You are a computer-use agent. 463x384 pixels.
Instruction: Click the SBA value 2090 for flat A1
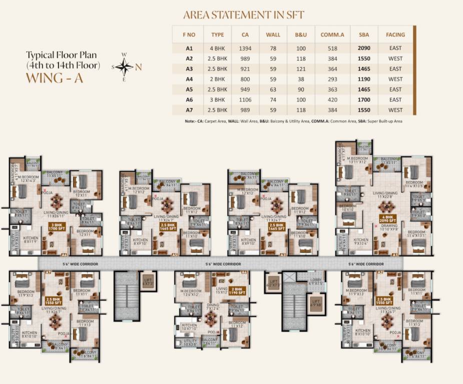(x=364, y=48)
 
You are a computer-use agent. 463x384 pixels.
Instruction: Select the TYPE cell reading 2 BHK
(x=218, y=79)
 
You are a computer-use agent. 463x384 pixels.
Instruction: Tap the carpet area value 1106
(x=245, y=99)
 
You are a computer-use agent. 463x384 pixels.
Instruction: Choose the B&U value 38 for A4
(x=301, y=79)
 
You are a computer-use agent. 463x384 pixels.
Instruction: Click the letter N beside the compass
(x=139, y=66)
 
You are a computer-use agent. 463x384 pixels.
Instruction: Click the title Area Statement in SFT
(x=243, y=15)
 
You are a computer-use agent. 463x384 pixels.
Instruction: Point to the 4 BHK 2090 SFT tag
(x=386, y=219)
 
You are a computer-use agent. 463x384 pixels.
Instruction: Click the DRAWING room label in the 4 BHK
(x=385, y=226)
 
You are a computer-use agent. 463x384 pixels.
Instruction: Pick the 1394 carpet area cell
(x=245, y=48)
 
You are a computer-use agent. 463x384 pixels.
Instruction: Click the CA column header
(x=245, y=35)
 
